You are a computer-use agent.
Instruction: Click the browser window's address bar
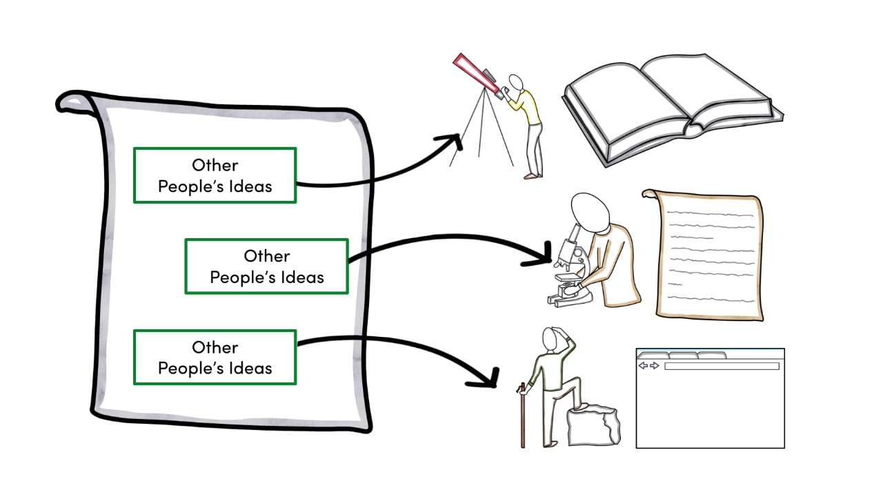(721, 366)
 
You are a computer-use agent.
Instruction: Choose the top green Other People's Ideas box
(215, 175)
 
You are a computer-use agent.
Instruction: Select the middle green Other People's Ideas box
(266, 266)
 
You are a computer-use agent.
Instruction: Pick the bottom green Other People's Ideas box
(215, 358)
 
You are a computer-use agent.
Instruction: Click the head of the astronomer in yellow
(515, 81)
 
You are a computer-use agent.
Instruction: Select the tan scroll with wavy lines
(708, 255)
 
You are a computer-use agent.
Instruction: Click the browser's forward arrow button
(655, 366)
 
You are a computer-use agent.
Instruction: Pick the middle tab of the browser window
(683, 355)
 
